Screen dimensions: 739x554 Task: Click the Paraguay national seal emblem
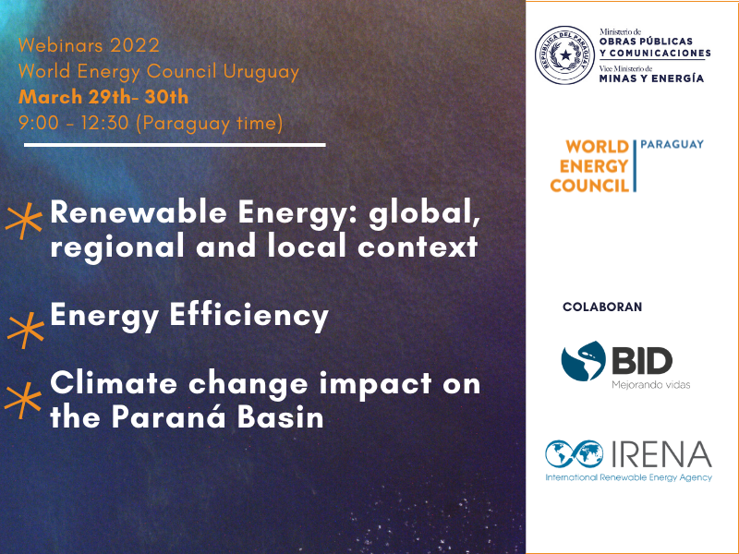click(564, 55)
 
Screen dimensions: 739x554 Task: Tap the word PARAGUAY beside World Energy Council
click(672, 144)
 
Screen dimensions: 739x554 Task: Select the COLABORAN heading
click(602, 307)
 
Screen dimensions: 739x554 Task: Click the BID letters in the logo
click(642, 361)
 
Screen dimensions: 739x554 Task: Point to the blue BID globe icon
click(583, 361)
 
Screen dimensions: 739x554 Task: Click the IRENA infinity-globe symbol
click(574, 453)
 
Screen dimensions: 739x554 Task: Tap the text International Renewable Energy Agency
click(629, 477)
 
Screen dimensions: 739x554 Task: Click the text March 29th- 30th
click(103, 97)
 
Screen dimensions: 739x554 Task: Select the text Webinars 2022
click(89, 45)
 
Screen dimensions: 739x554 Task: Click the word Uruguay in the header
click(261, 73)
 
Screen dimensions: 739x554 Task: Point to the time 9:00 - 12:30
click(74, 123)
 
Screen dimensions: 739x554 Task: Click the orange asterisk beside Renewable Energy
click(24, 221)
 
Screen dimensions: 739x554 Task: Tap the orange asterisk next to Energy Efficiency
click(26, 330)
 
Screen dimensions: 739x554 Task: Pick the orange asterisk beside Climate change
click(22, 400)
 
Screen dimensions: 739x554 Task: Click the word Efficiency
click(248, 316)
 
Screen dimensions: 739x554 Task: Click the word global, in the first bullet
click(425, 213)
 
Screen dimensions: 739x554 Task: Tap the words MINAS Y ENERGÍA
click(651, 78)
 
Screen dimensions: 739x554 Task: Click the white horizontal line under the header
click(175, 145)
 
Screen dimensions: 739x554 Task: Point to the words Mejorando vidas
click(651, 385)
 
